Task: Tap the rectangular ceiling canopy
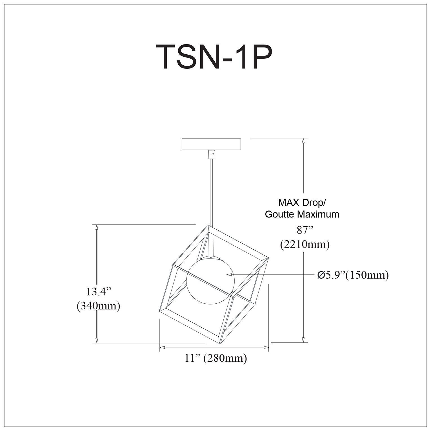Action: click(211, 144)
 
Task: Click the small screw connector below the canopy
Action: click(211, 154)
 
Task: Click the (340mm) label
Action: click(98, 306)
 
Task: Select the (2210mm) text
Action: click(305, 244)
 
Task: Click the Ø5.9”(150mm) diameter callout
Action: click(353, 275)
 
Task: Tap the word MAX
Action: click(289, 203)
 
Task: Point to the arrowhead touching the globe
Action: click(230, 274)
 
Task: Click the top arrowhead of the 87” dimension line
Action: click(303, 141)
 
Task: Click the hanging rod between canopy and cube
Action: click(211, 192)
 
